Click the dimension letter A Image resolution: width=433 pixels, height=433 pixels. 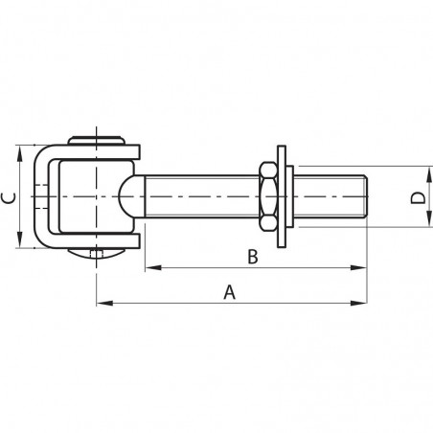(x=229, y=292)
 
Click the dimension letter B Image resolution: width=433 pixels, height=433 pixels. (x=253, y=257)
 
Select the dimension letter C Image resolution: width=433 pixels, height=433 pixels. (x=9, y=198)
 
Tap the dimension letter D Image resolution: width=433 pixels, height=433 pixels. (x=418, y=198)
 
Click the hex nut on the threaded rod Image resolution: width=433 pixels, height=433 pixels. (x=268, y=196)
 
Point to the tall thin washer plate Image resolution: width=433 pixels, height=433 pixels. (x=282, y=196)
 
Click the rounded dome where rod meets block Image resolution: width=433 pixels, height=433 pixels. (x=125, y=196)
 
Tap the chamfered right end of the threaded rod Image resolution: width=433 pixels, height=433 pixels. (x=366, y=196)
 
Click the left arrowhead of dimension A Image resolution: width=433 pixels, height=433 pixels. (x=104, y=303)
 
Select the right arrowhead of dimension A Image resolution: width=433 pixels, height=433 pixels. (x=359, y=303)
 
